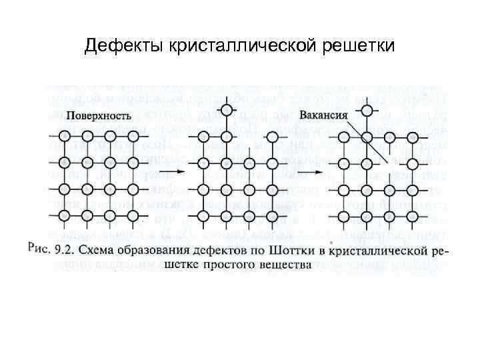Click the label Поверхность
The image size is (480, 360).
point(92,115)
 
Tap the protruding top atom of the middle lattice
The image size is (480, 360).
point(226,109)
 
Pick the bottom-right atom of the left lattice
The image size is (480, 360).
point(132,215)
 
